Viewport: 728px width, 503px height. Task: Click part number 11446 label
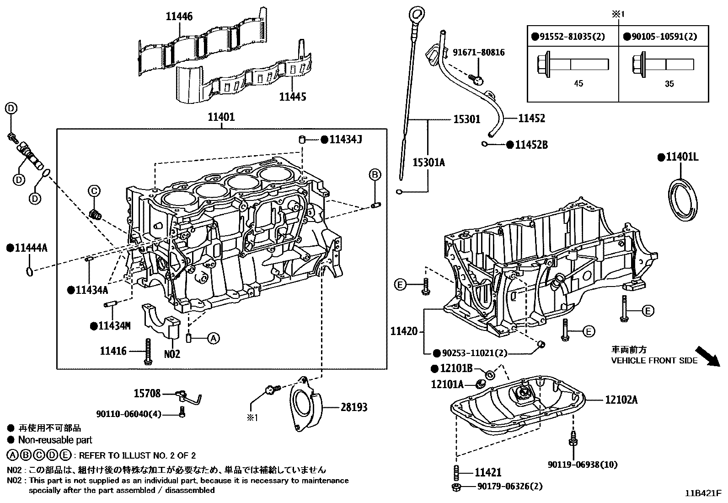[179, 17]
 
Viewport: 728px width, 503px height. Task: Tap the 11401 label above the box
[221, 117]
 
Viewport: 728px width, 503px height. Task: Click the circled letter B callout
[375, 174]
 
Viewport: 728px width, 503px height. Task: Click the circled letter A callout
[213, 339]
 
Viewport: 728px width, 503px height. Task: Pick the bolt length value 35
[669, 84]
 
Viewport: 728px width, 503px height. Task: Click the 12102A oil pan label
[621, 400]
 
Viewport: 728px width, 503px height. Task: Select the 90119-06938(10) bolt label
[583, 465]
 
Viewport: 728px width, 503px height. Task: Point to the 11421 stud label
[488, 472]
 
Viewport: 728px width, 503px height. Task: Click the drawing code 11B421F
[703, 493]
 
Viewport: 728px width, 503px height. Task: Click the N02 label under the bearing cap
[172, 354]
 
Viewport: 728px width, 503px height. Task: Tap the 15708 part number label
[147, 393]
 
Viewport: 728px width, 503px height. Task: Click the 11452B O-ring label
[531, 145]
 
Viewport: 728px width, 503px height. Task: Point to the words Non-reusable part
[55, 440]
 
